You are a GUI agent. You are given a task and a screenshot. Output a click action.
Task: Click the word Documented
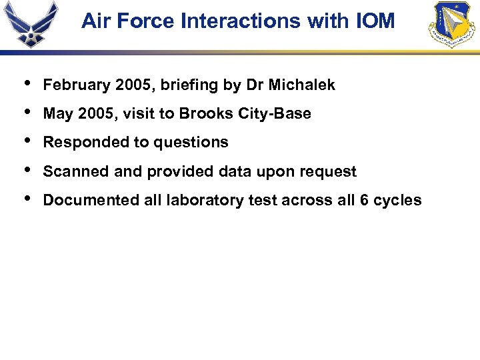pyautogui.click(x=85, y=201)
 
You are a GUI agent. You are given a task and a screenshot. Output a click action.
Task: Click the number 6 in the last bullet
pyautogui.click(x=364, y=201)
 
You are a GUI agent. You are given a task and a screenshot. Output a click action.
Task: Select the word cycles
pyautogui.click(x=398, y=201)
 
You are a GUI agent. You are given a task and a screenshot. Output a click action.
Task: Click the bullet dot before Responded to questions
pyautogui.click(x=25, y=141)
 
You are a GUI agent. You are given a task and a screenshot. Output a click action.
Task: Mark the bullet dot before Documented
pyautogui.click(x=25, y=199)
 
